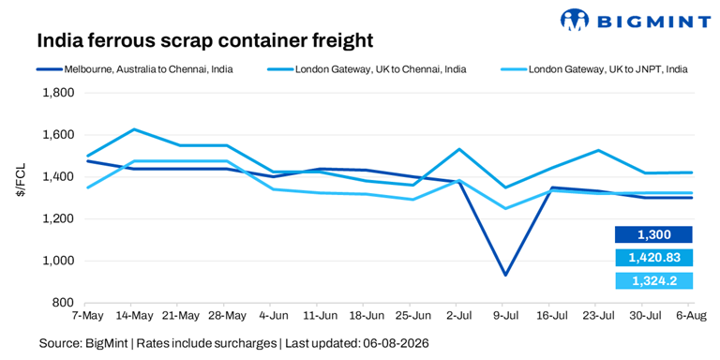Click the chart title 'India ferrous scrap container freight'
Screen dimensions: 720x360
click(204, 41)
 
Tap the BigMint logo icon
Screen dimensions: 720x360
click(574, 20)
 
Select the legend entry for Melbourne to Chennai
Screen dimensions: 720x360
click(135, 69)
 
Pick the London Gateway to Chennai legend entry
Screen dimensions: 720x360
click(367, 69)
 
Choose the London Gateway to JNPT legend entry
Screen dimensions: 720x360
click(594, 69)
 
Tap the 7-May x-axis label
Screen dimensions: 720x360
click(85, 316)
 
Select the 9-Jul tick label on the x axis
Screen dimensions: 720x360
click(503, 316)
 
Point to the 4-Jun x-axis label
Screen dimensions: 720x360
click(271, 316)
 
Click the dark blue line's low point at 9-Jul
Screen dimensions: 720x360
click(505, 275)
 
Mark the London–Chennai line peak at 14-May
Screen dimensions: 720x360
click(132, 129)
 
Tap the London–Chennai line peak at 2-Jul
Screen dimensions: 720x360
click(458, 149)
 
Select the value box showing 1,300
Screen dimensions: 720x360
click(653, 234)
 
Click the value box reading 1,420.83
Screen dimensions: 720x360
click(653, 258)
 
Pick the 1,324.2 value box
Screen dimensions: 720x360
click(653, 280)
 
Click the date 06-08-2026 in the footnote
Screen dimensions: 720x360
click(397, 343)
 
